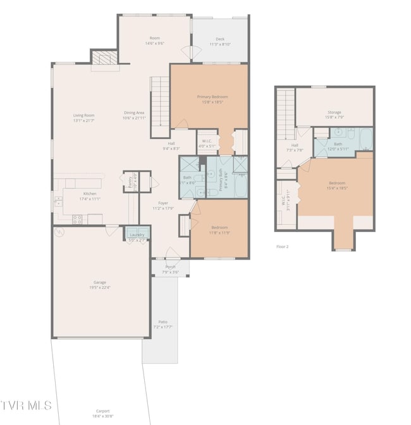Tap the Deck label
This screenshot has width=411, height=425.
tap(220, 39)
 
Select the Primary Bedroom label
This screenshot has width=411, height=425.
tap(212, 97)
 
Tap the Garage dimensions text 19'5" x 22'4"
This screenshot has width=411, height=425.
tap(100, 287)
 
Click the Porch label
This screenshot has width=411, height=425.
tap(170, 266)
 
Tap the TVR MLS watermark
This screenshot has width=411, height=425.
tap(27, 405)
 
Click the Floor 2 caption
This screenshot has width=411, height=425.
tap(282, 246)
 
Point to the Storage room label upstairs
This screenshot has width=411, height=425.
tap(334, 112)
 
